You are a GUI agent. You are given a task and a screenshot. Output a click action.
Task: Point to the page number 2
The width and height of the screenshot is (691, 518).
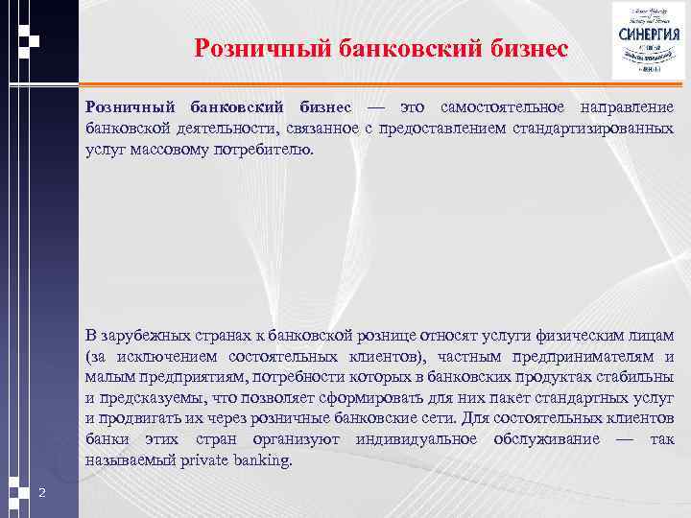click(42, 492)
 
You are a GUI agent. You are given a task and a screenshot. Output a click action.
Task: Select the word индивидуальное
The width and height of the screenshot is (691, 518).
click(416, 439)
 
